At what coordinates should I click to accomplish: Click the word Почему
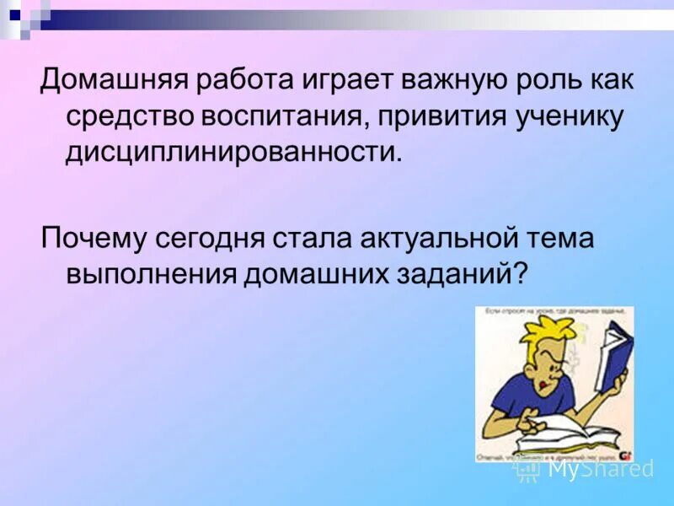point(94,238)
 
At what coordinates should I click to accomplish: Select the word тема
point(561,238)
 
